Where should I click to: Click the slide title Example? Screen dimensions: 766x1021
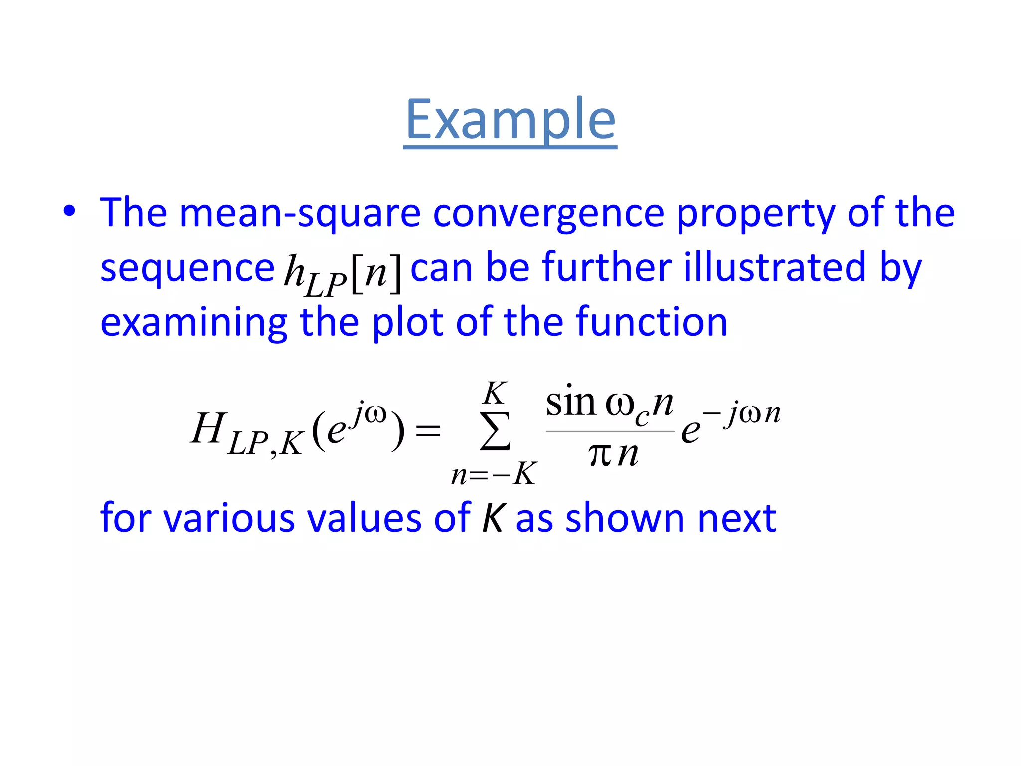(510, 120)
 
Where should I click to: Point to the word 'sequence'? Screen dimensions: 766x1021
(187, 268)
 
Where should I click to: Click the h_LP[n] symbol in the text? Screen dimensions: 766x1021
(342, 273)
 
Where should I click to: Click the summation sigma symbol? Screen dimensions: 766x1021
(495, 431)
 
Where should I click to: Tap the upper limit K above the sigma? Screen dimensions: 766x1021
(494, 393)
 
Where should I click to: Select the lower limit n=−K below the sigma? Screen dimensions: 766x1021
(494, 474)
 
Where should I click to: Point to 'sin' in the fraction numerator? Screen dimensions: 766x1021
(571, 402)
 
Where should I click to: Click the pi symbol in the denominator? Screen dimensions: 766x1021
(600, 454)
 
